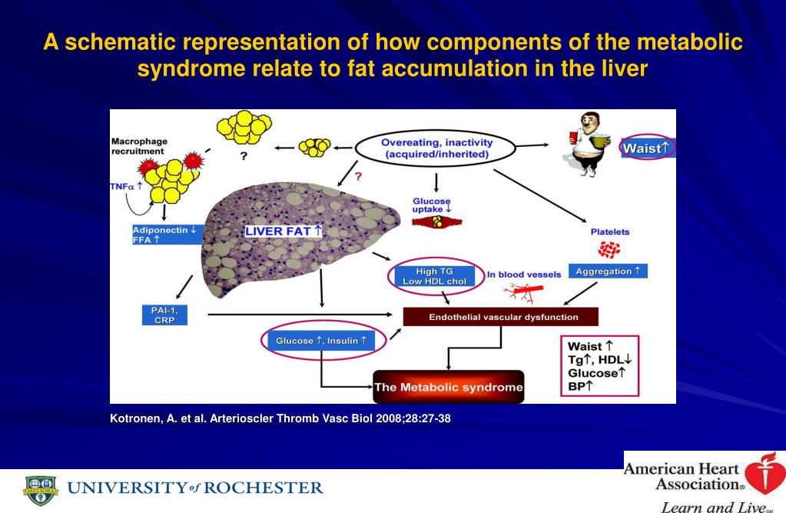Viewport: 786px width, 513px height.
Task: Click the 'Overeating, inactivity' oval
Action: coord(437,148)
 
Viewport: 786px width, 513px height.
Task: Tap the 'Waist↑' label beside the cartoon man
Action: coord(648,148)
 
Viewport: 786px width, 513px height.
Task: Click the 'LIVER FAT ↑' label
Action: coord(284,231)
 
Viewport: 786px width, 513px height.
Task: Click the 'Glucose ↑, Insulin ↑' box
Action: coord(322,341)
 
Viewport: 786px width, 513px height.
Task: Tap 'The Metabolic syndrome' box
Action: coord(448,386)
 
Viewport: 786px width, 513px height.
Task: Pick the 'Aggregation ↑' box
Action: coord(607,271)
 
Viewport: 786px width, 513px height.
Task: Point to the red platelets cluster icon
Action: coord(609,249)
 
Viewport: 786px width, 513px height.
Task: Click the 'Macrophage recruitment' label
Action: coord(139,146)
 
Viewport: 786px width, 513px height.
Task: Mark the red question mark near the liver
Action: coord(357,177)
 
